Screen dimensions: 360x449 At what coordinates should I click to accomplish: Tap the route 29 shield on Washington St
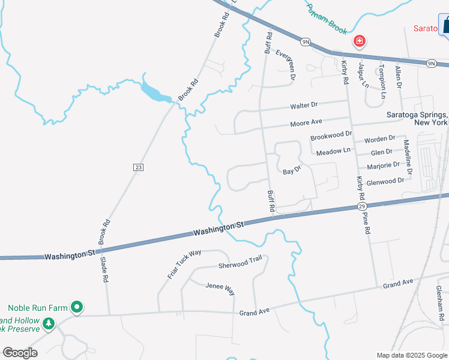362,207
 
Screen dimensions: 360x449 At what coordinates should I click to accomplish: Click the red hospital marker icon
359,41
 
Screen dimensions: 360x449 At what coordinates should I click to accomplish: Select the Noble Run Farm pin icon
77,307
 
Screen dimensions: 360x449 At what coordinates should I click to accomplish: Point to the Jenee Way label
220,289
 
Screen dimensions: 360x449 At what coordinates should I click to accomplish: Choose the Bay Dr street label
291,171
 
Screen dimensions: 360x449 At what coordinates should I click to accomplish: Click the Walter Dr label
304,106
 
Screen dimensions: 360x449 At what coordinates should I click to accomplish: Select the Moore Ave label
306,122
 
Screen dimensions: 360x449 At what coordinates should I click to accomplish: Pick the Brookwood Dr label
331,137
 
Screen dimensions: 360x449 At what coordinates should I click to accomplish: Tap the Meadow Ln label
333,151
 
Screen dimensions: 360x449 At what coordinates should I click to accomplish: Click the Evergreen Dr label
286,65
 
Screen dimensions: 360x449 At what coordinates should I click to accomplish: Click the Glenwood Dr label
385,181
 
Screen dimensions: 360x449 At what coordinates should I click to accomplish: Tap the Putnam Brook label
327,19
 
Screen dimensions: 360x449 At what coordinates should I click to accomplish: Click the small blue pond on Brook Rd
154,92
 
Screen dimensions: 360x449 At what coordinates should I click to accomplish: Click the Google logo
20,353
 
